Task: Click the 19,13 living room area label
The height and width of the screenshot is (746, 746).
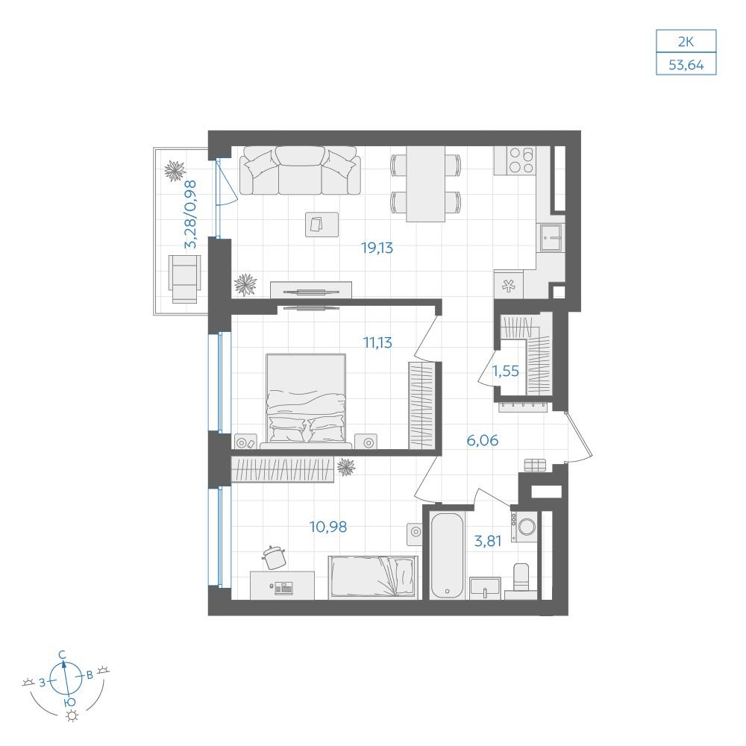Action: click(377, 248)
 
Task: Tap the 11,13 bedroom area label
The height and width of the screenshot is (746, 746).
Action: click(377, 342)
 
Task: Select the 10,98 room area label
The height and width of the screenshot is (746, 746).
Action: click(328, 527)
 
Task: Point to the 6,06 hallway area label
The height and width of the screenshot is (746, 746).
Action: click(483, 440)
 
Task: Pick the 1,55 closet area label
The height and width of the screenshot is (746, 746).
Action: click(505, 371)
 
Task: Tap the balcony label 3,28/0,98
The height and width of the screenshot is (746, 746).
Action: click(190, 214)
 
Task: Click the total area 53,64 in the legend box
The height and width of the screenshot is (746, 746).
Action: click(686, 64)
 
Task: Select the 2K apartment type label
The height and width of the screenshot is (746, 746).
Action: click(686, 41)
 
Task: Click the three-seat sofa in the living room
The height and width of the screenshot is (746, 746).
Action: click(300, 170)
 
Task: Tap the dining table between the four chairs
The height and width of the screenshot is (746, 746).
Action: click(426, 184)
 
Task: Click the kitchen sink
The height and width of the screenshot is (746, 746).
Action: click(551, 238)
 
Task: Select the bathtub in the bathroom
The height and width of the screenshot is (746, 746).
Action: click(447, 555)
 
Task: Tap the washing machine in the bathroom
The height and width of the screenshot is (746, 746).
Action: click(524, 527)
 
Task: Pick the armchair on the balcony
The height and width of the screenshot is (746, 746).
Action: click(184, 279)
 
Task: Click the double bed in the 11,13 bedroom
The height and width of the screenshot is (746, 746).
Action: click(306, 401)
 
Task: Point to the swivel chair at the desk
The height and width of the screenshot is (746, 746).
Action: click(274, 557)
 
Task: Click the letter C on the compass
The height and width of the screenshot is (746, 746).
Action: click(62, 655)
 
